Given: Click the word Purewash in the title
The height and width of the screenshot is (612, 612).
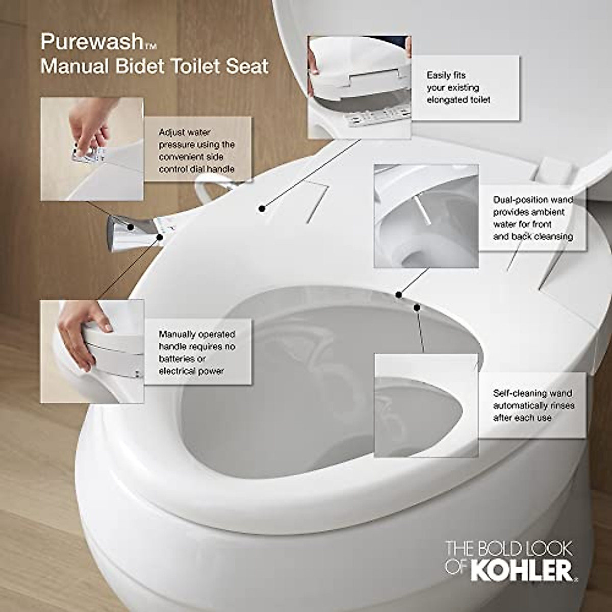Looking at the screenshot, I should point(92,42).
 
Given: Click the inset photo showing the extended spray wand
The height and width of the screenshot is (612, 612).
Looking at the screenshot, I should point(426,215).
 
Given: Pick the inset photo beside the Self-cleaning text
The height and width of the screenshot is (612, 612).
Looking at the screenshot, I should point(426,406).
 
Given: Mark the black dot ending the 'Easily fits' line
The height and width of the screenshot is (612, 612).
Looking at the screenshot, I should point(262,208).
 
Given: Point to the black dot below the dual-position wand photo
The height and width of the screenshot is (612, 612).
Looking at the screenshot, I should point(398,294).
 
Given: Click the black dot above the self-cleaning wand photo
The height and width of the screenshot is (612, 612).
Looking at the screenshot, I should point(417,308).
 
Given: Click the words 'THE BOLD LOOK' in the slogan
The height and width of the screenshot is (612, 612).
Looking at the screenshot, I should point(509,549).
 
